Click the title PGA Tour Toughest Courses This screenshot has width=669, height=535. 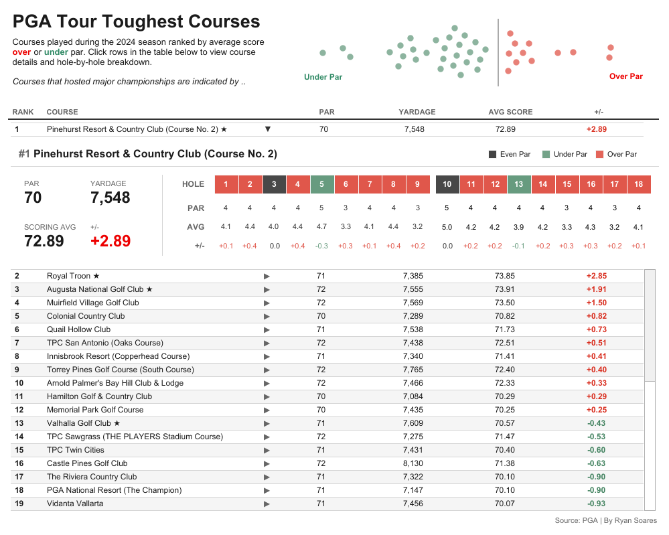tap(137, 21)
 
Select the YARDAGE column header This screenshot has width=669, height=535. tap(417, 112)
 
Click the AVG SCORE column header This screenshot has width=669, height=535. tap(510, 112)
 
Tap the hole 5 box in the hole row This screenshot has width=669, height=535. tap(322, 184)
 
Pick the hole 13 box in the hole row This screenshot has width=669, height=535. tap(519, 184)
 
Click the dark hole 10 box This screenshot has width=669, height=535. tap(447, 184)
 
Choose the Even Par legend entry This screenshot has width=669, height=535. tap(510, 155)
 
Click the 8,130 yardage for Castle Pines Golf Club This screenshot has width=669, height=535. tap(414, 463)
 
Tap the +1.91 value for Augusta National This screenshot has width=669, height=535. tap(596, 289)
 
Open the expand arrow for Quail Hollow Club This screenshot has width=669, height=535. tap(267, 329)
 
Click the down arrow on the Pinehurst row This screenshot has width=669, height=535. tap(268, 129)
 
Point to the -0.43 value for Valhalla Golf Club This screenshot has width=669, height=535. tap(596, 423)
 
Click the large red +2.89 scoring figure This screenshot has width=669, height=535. tap(110, 241)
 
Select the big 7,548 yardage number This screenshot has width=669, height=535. tap(110, 198)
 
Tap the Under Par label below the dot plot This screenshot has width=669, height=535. tap(323, 77)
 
